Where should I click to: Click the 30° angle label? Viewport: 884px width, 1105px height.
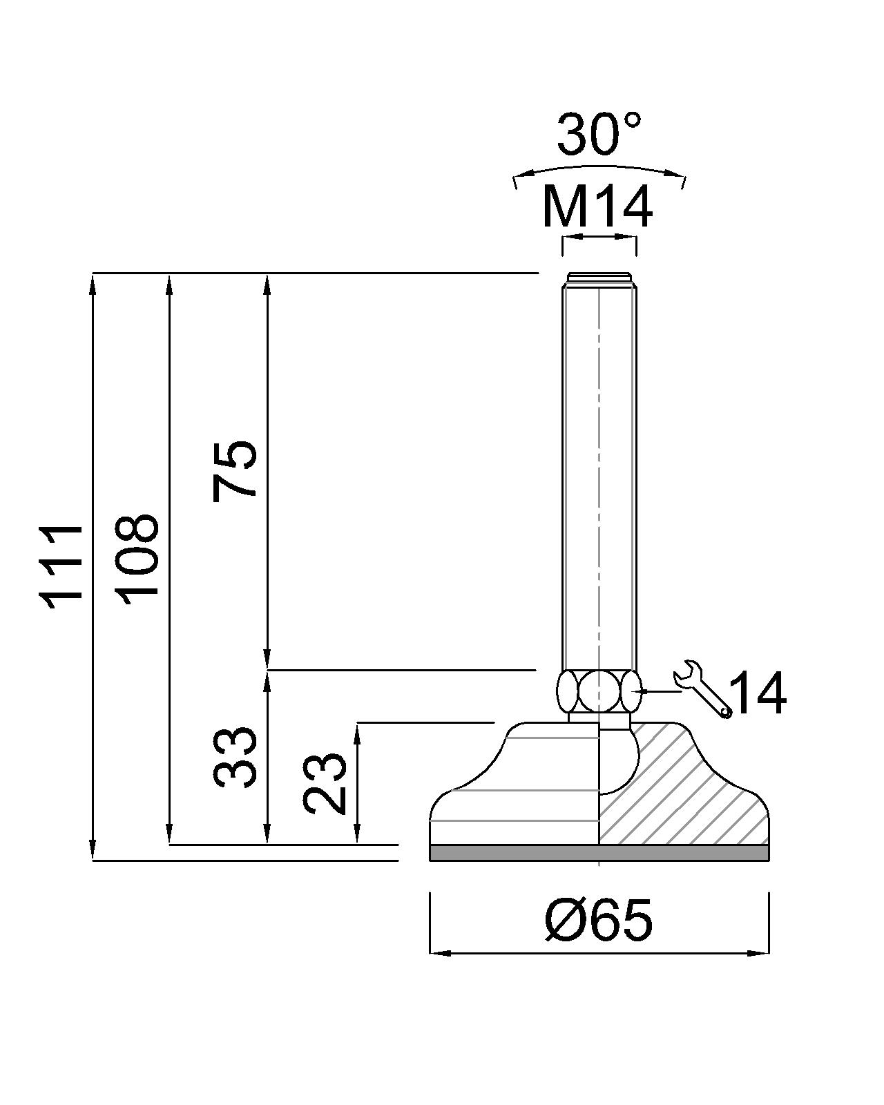[599, 134]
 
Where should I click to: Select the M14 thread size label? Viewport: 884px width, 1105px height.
[597, 206]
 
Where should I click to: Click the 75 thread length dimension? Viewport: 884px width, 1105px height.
[236, 470]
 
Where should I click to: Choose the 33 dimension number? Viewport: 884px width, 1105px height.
[236, 757]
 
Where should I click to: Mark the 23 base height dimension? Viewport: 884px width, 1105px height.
[325, 782]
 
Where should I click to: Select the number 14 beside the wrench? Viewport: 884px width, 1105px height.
[758, 693]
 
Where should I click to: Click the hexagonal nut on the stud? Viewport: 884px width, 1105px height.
[598, 691]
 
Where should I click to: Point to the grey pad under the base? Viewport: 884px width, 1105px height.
[599, 853]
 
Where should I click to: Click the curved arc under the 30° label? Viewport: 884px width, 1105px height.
[599, 168]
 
